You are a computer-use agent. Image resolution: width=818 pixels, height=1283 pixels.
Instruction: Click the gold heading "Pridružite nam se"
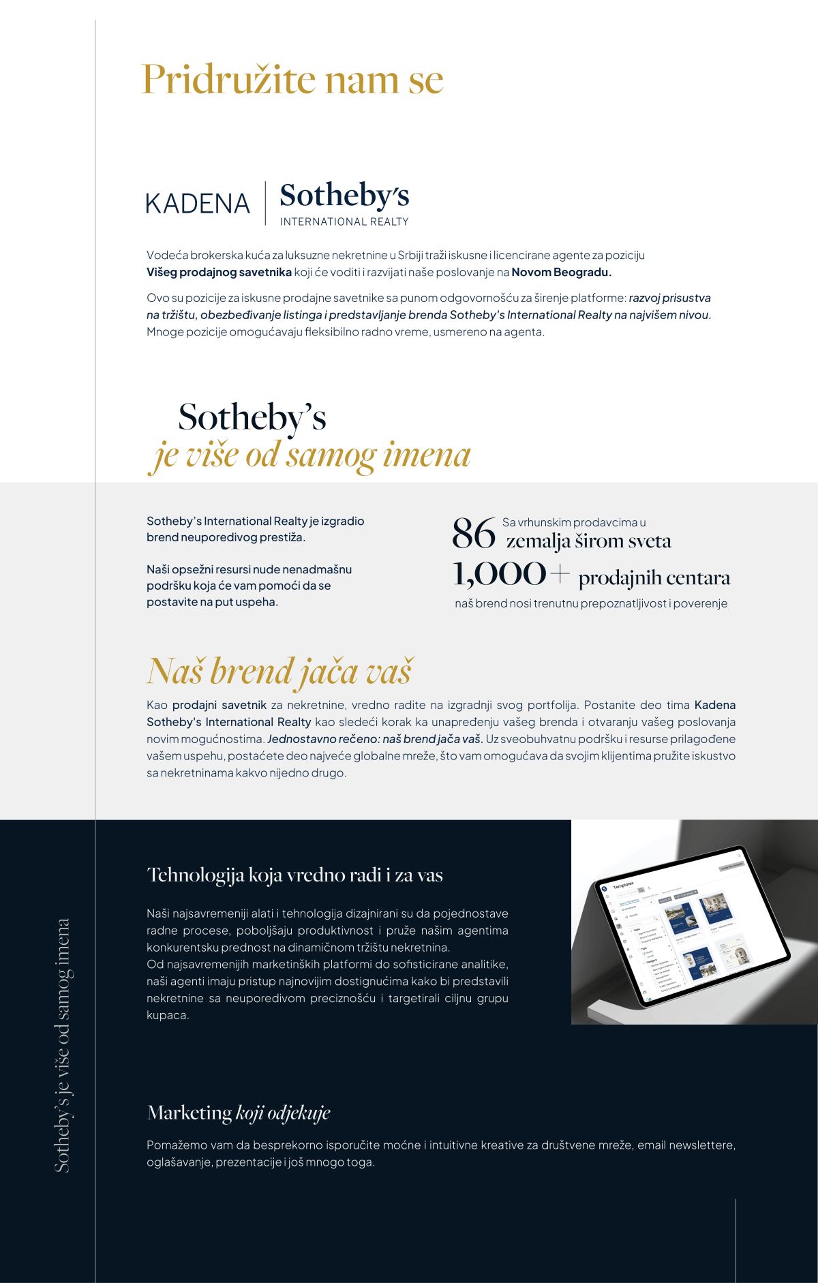pos(292,80)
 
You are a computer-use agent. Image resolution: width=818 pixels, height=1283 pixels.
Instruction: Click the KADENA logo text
pos(198,203)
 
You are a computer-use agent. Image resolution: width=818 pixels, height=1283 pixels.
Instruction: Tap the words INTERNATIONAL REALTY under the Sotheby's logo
pos(344,222)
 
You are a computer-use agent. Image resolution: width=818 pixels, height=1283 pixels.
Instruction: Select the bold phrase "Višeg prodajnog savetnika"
pos(219,272)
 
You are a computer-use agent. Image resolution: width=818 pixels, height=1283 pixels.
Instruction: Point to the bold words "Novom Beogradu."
pos(562,272)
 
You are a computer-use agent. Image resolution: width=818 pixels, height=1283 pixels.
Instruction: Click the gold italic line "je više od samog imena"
pos(310,455)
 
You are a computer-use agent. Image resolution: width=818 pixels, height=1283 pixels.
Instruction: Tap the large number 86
pos(473,533)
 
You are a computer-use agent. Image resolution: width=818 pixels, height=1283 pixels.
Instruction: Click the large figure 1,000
pos(500,574)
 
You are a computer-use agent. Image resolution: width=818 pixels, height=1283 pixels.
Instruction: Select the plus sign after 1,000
pos(560,574)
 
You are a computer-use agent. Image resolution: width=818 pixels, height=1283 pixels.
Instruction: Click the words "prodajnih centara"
pos(654,578)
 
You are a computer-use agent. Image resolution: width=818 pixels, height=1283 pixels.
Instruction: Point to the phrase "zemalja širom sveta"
pos(588,541)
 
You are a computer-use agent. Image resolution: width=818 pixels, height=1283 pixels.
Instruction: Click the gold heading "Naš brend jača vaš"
pos(279,671)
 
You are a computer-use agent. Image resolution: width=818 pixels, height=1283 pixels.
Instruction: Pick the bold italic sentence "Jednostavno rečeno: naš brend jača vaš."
pos(375,739)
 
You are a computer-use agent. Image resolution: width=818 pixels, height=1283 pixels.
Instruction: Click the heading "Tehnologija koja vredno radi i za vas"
pos(294,875)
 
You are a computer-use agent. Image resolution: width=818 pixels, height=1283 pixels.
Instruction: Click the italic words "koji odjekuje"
pos(283,1113)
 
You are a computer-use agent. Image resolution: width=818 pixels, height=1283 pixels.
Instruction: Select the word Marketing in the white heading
pos(190,1113)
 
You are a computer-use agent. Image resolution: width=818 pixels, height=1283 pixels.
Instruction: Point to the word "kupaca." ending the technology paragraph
pos(168,1015)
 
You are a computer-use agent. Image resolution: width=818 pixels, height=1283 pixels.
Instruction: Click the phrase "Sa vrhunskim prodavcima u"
pos(574,522)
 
